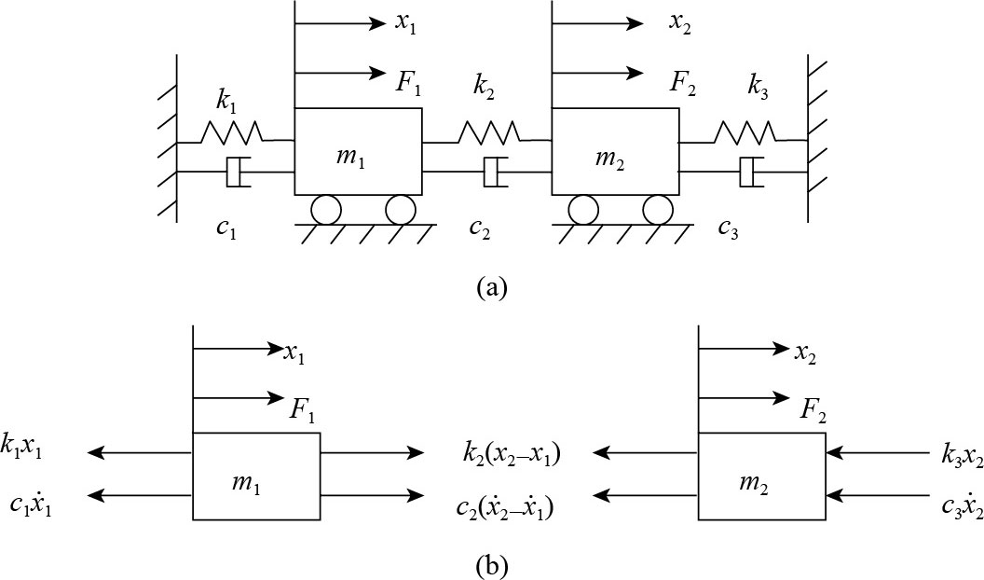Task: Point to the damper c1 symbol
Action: pos(238,172)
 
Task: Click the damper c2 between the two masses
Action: pos(494,172)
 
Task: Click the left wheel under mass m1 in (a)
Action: pos(327,210)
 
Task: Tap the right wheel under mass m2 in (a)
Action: pos(658,210)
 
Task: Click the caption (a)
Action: pos(490,286)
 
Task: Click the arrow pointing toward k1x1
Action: pos(139,453)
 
